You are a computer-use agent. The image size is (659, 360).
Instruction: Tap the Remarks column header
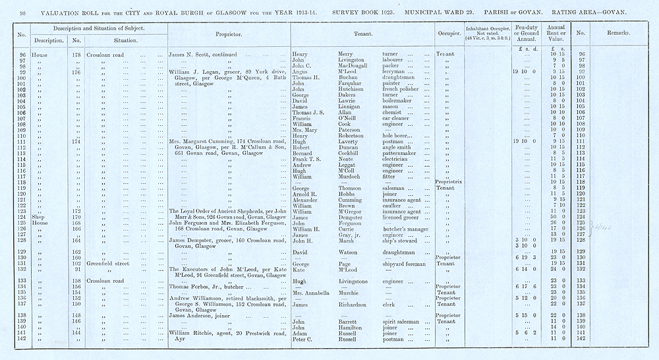click(x=614, y=33)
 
